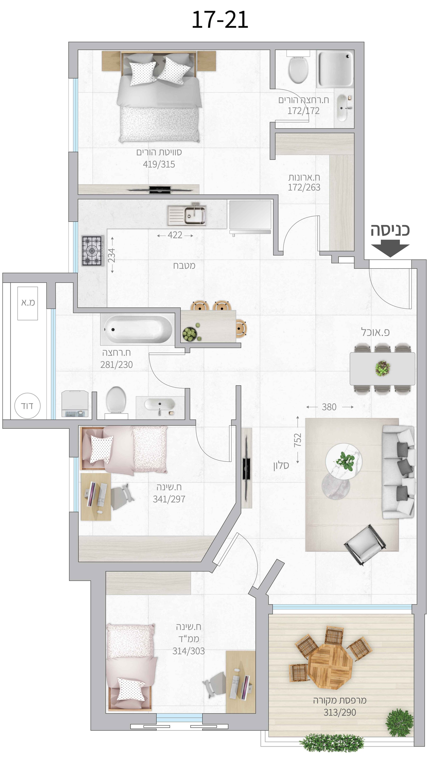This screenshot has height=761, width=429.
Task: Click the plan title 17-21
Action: [x=220, y=20]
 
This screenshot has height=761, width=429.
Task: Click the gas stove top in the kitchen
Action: [x=93, y=251]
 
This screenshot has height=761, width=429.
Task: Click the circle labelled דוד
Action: [x=27, y=406]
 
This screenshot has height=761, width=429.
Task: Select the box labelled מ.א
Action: [x=28, y=303]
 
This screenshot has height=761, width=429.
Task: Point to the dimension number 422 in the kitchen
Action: [x=175, y=235]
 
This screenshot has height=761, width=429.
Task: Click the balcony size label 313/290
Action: [x=340, y=713]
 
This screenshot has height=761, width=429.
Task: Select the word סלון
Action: [x=281, y=466]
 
